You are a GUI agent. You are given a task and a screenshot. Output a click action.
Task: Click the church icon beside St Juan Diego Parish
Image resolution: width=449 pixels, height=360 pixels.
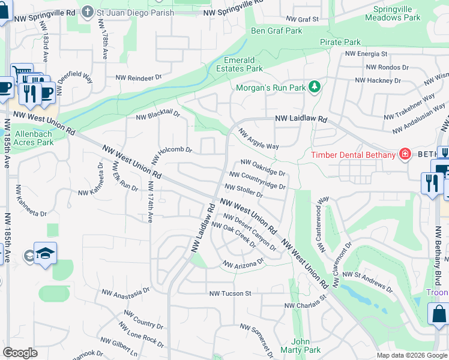click(x=88, y=11)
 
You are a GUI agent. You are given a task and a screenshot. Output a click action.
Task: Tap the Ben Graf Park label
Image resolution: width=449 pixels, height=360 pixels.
click(x=276, y=31)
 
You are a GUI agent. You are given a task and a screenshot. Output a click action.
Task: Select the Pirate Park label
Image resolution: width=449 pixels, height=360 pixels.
click(x=340, y=42)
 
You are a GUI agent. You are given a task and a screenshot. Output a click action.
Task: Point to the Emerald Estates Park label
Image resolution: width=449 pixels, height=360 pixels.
click(x=243, y=64)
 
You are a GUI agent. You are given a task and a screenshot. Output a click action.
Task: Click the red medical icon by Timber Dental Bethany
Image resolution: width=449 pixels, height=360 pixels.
click(x=405, y=155)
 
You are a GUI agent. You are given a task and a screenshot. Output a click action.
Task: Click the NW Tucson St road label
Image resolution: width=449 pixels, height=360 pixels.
click(x=230, y=293)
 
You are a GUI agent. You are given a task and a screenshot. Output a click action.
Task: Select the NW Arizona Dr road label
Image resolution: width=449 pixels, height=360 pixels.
click(x=243, y=263)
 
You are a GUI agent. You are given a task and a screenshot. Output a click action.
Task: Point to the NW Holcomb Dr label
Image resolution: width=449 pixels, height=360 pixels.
click(x=171, y=155)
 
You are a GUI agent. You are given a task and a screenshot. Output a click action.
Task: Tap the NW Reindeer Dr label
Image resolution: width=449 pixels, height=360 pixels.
click(x=139, y=77)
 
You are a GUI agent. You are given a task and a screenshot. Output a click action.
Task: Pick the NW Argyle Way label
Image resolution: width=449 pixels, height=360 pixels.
click(x=259, y=139)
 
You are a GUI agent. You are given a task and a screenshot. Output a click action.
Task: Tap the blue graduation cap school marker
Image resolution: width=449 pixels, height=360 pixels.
click(x=45, y=254)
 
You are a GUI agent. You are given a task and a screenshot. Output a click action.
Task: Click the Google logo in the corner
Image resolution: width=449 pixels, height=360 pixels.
click(x=20, y=353)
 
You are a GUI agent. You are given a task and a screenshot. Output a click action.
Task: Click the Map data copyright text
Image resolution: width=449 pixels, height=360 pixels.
click(x=411, y=355)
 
